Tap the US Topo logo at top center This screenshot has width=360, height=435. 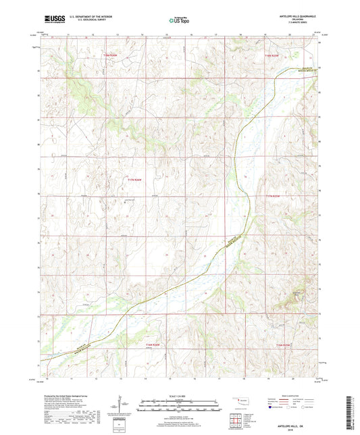pyautogui.click(x=179, y=22)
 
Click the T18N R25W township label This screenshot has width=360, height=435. pyautogui.click(x=272, y=54)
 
